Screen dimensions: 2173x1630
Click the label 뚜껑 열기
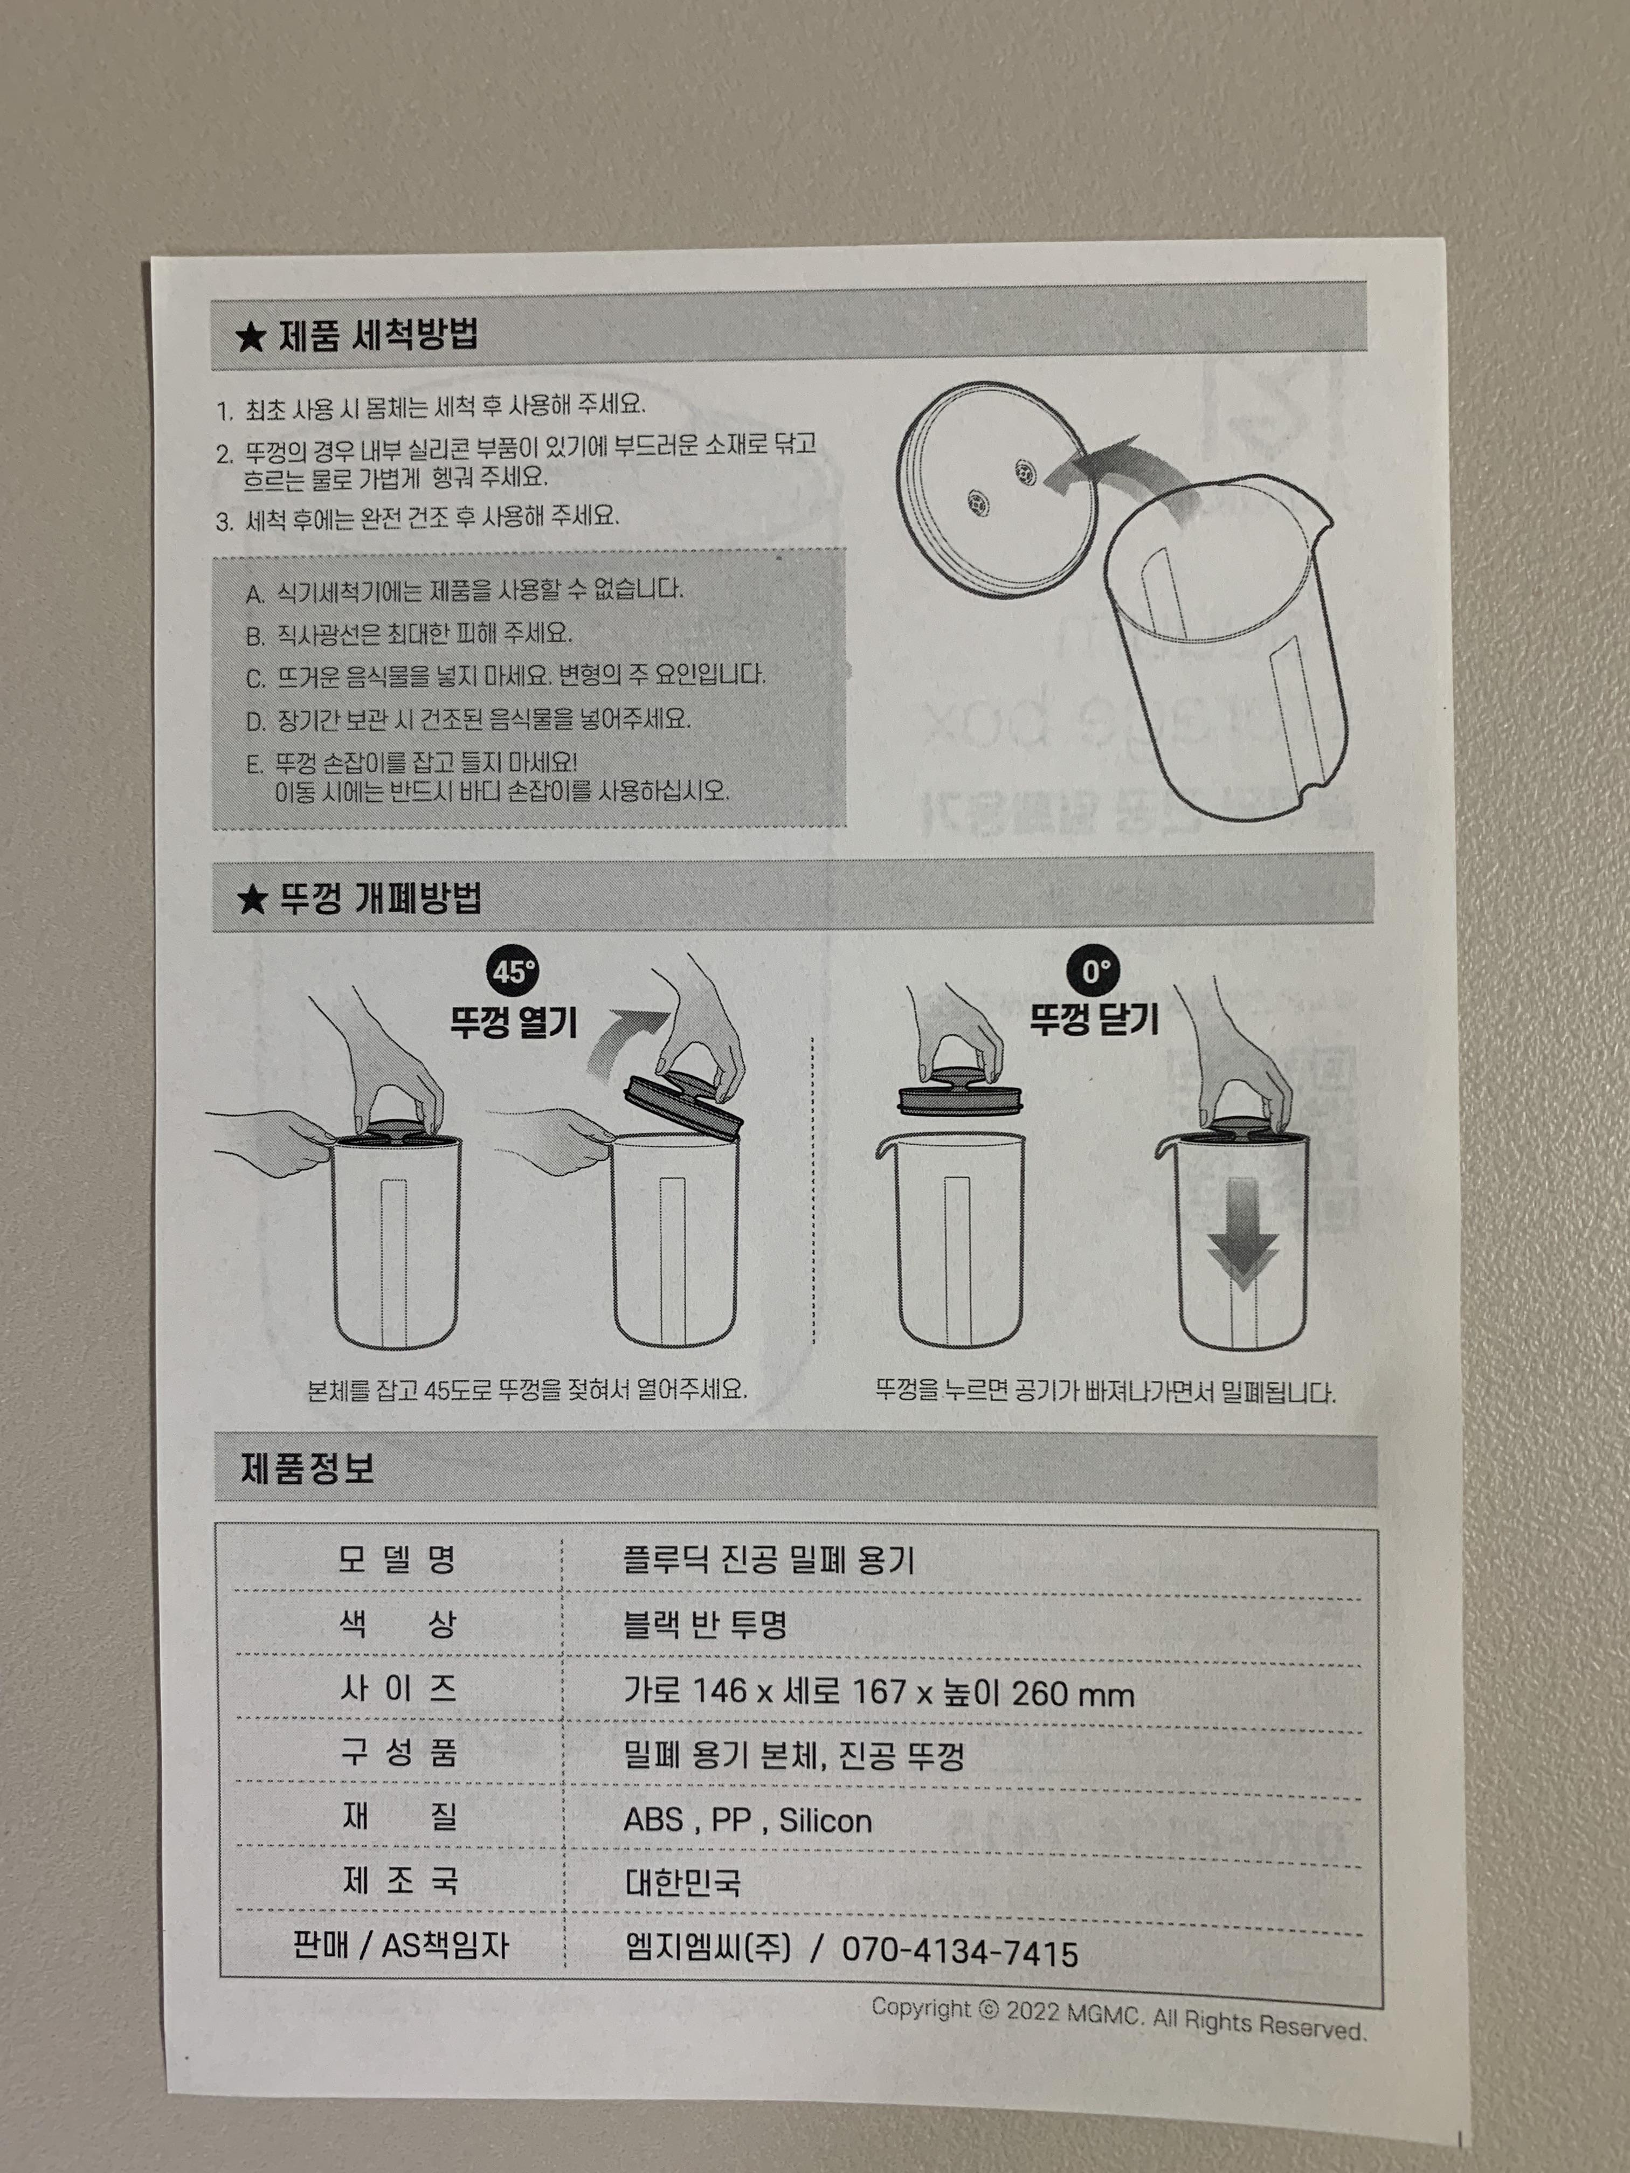513,1023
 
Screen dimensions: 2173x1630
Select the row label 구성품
397,1754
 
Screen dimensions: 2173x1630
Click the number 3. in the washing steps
225,521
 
